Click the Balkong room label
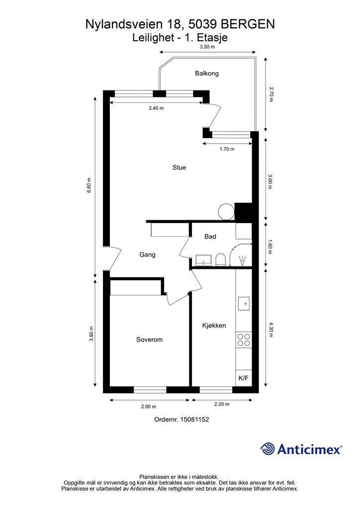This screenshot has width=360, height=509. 207,74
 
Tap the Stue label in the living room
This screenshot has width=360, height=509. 179,168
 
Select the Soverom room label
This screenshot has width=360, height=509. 149,340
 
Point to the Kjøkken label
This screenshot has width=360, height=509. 214,326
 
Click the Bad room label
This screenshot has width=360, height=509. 210,237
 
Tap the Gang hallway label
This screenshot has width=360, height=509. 147,255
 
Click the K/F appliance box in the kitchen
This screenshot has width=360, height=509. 244,378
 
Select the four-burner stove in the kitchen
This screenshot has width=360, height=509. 244,340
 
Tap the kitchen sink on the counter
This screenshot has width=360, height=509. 244,304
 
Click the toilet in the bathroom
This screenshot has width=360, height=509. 220,259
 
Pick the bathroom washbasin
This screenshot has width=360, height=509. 203,260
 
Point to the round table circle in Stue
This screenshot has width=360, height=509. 226,212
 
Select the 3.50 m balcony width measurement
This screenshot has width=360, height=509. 207,46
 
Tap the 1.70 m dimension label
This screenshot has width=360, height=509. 227,149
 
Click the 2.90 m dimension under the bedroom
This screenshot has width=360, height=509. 149,407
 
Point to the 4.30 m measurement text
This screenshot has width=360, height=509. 270,330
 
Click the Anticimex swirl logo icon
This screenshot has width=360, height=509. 267,449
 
